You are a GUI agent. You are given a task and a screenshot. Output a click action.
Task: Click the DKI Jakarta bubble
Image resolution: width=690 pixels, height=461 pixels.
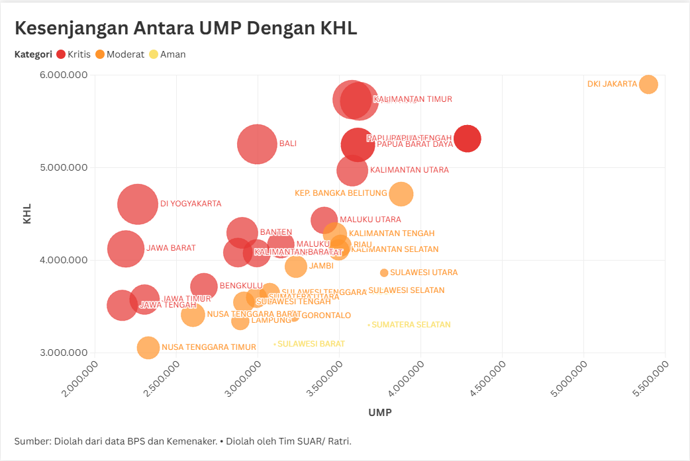pos(648,85)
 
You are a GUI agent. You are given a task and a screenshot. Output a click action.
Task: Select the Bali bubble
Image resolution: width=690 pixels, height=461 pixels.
pos(257,144)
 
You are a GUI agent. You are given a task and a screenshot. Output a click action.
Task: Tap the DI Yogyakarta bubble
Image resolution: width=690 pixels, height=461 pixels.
pos(138,204)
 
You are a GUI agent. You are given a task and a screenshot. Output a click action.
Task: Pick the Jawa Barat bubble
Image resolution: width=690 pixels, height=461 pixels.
pos(126,249)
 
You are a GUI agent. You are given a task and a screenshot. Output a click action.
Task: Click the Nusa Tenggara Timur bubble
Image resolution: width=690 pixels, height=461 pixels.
pos(148,347)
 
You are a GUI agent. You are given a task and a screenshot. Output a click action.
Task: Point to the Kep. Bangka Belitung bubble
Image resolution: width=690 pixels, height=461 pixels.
pos(401,194)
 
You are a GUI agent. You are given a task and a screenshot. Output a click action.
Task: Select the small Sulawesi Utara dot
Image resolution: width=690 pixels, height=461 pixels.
pos(384,272)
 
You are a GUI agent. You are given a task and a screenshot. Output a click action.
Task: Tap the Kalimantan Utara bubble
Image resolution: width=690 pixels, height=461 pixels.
pos(352,170)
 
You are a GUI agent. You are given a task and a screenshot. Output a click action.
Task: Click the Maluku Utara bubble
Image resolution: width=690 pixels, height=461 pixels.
pos(324,220)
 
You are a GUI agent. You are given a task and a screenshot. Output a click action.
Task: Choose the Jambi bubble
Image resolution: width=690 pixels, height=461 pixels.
pos(296,266)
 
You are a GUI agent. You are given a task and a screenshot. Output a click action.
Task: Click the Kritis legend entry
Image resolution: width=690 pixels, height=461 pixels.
pos(74,54)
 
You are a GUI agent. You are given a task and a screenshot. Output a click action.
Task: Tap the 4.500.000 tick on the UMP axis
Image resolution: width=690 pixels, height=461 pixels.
pos(489,377)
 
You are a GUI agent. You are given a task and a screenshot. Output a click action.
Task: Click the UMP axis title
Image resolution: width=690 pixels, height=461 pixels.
pos(379,413)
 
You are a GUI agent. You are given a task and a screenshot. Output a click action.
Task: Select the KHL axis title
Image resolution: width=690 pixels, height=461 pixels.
pos(27,214)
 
